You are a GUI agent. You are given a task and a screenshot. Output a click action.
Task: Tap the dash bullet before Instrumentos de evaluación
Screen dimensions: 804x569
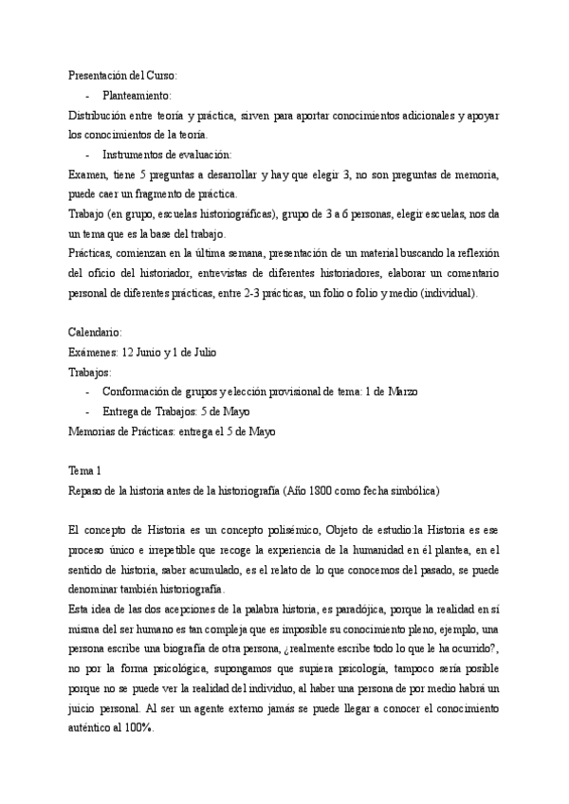point(87,155)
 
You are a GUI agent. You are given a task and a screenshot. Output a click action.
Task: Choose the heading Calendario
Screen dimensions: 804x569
point(96,333)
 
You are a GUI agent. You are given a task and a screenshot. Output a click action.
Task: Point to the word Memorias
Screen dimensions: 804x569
point(93,431)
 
